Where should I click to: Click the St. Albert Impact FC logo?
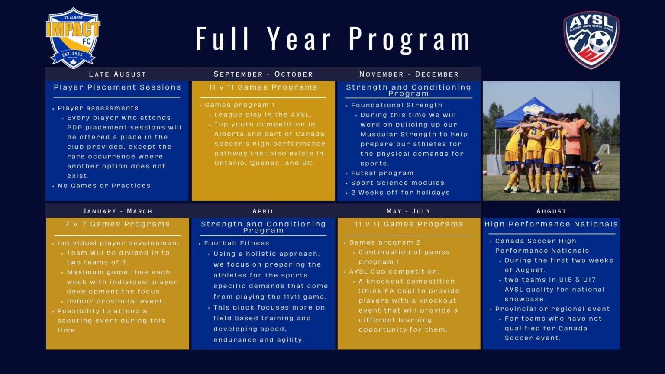point(73,38)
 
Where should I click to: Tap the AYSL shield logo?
point(591,40)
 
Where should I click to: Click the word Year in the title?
point(300,39)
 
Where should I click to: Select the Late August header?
point(117,74)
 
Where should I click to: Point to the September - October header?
point(263,74)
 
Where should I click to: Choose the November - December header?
point(409,74)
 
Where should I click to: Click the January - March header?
point(117,211)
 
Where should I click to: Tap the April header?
point(263,211)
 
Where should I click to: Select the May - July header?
point(409,211)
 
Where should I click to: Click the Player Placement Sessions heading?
point(117,87)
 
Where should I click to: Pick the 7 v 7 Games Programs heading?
point(117,224)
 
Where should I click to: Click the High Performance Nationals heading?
point(551,224)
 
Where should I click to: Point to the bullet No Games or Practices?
point(104,186)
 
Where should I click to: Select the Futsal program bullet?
point(382,173)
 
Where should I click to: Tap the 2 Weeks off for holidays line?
point(400,193)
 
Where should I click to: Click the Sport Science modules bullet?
point(397,183)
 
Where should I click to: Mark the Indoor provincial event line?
point(115,301)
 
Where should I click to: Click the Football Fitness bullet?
point(236,243)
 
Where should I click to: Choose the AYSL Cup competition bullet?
point(394,272)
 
